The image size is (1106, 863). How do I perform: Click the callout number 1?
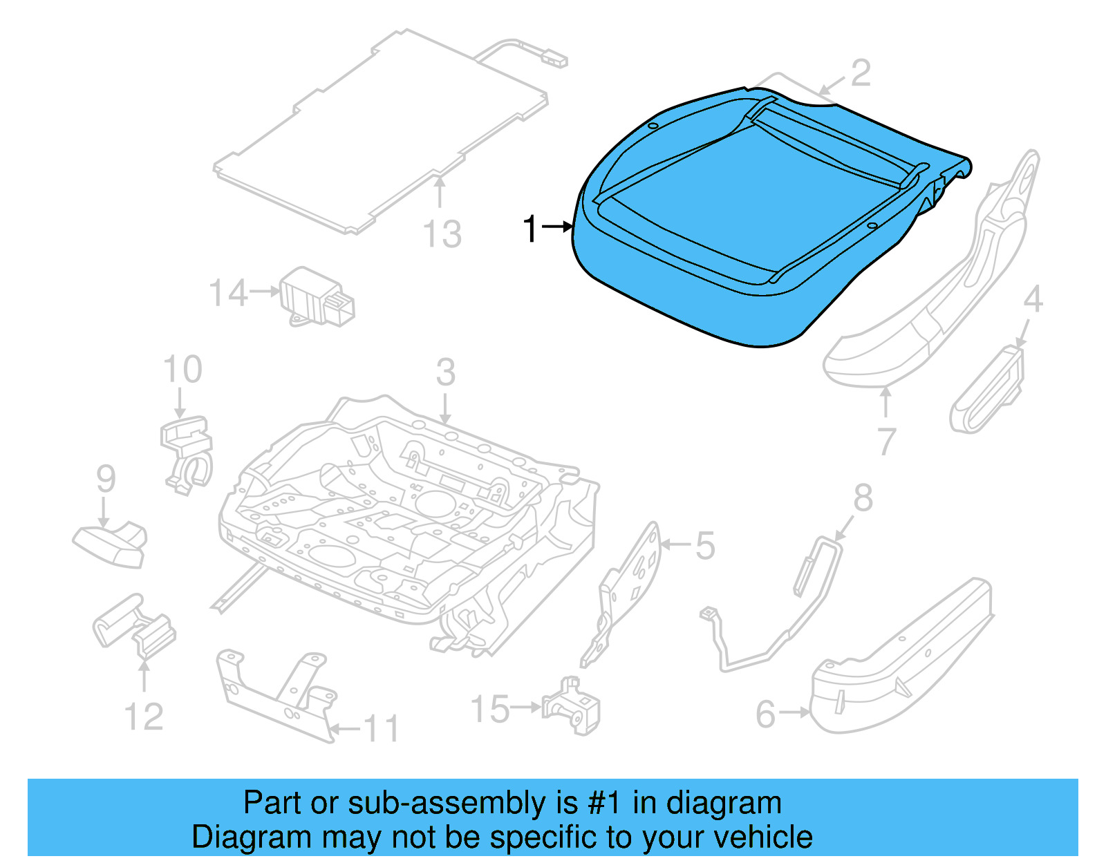pos(530,229)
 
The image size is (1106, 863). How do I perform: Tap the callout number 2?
pos(860,73)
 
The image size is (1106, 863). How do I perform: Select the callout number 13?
pos(442,234)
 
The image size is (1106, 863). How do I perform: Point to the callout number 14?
pos(228,293)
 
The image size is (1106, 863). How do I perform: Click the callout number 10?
pos(182,370)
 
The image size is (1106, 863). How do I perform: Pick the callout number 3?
pos(445,373)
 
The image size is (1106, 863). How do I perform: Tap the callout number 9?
pos(106,479)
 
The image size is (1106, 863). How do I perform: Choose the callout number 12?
pos(144,717)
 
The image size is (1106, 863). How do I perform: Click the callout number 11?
pos(382,729)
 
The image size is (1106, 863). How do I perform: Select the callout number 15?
pos(490,710)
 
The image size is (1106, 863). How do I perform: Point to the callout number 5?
pos(705,546)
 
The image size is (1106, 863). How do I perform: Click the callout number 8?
pos(863,498)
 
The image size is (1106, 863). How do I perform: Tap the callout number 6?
pos(766,714)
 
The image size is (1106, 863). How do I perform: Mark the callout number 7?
pos(887,442)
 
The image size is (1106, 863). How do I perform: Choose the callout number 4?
pos(1032,300)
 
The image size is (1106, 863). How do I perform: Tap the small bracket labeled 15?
pos(572,707)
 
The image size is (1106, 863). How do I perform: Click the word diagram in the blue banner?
pos(724,803)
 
